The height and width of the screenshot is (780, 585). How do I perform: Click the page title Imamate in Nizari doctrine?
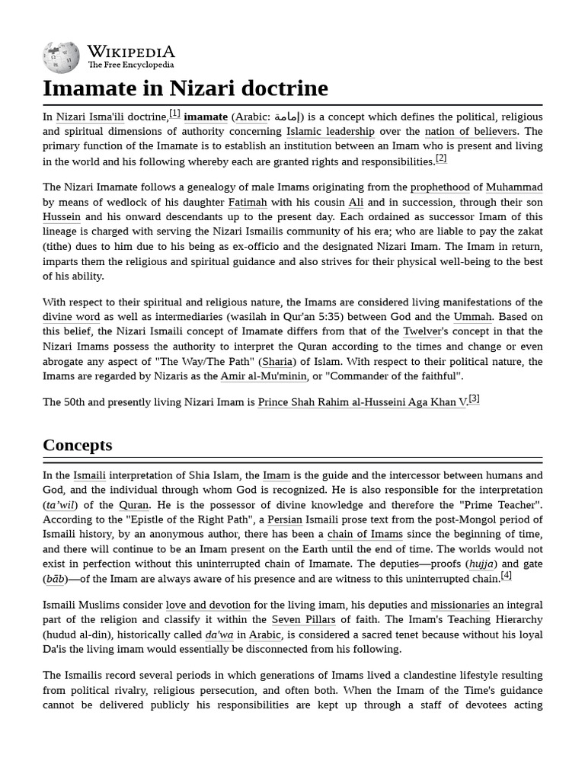point(185,88)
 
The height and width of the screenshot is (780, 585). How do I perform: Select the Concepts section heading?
point(77,445)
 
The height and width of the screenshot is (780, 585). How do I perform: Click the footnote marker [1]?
point(175,113)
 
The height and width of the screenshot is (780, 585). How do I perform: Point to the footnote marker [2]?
point(441,158)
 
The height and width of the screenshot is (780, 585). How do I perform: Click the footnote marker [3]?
point(474,398)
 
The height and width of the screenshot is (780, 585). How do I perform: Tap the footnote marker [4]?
point(506,575)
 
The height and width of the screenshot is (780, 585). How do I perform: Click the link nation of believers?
point(471,131)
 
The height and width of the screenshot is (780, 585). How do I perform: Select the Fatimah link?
point(248,202)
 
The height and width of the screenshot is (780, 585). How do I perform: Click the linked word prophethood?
point(440,187)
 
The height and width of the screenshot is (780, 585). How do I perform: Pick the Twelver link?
point(424,331)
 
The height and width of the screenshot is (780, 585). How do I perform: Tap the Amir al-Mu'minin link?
point(264,376)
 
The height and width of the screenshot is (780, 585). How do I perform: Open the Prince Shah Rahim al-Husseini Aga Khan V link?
point(362,402)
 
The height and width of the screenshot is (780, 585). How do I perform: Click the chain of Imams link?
point(365,534)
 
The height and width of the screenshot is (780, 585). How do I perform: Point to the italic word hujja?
point(481,564)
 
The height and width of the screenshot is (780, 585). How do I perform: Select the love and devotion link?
point(208,606)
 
